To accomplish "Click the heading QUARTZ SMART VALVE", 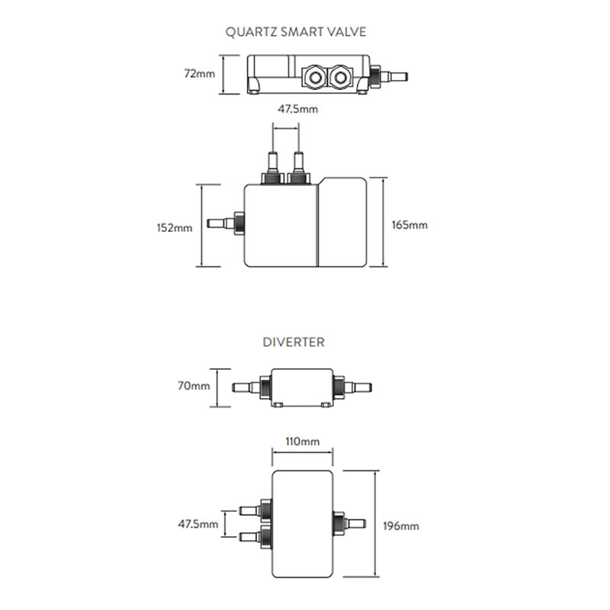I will (x=296, y=32).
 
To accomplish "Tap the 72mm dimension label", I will (x=200, y=74).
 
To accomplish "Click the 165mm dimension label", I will (x=410, y=226).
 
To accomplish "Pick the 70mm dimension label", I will (x=194, y=386).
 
